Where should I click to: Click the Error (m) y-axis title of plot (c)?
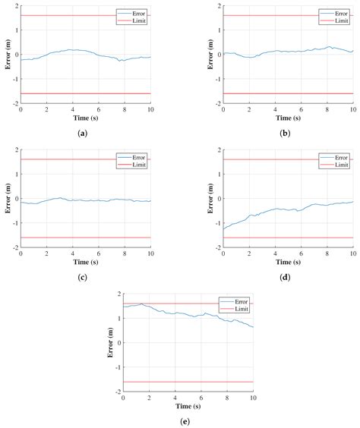click(x=8, y=199)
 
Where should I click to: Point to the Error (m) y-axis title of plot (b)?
click(x=210, y=55)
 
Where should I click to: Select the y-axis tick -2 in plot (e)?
click(x=117, y=392)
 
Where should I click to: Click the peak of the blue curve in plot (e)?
click(x=141, y=304)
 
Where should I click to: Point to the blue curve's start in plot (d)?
click(x=224, y=228)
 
